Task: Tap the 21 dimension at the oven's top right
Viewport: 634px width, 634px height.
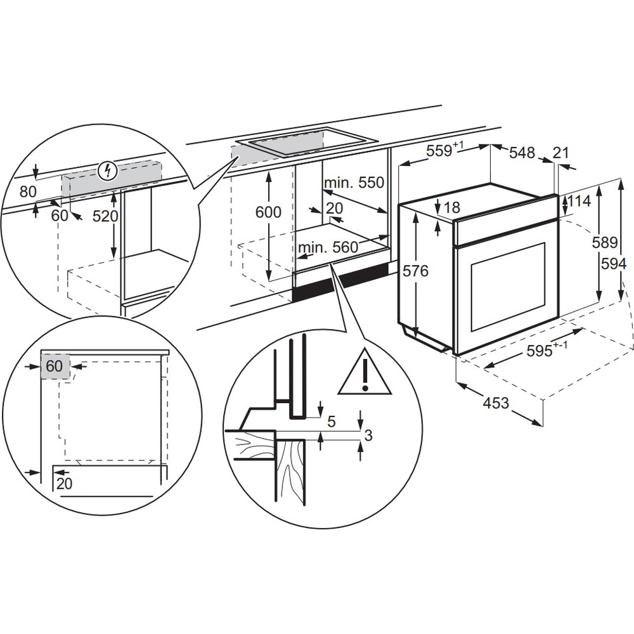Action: point(560,152)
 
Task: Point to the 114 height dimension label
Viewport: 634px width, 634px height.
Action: point(579,202)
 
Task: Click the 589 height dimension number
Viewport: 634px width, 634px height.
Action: point(608,242)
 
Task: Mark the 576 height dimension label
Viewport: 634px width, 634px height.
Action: point(416,271)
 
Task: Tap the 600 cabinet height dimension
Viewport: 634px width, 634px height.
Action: point(268,212)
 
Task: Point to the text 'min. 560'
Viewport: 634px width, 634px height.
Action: point(329,247)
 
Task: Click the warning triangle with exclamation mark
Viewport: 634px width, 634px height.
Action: point(365,374)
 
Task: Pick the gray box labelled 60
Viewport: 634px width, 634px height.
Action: point(55,366)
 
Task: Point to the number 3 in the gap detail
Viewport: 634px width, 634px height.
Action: point(368,434)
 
